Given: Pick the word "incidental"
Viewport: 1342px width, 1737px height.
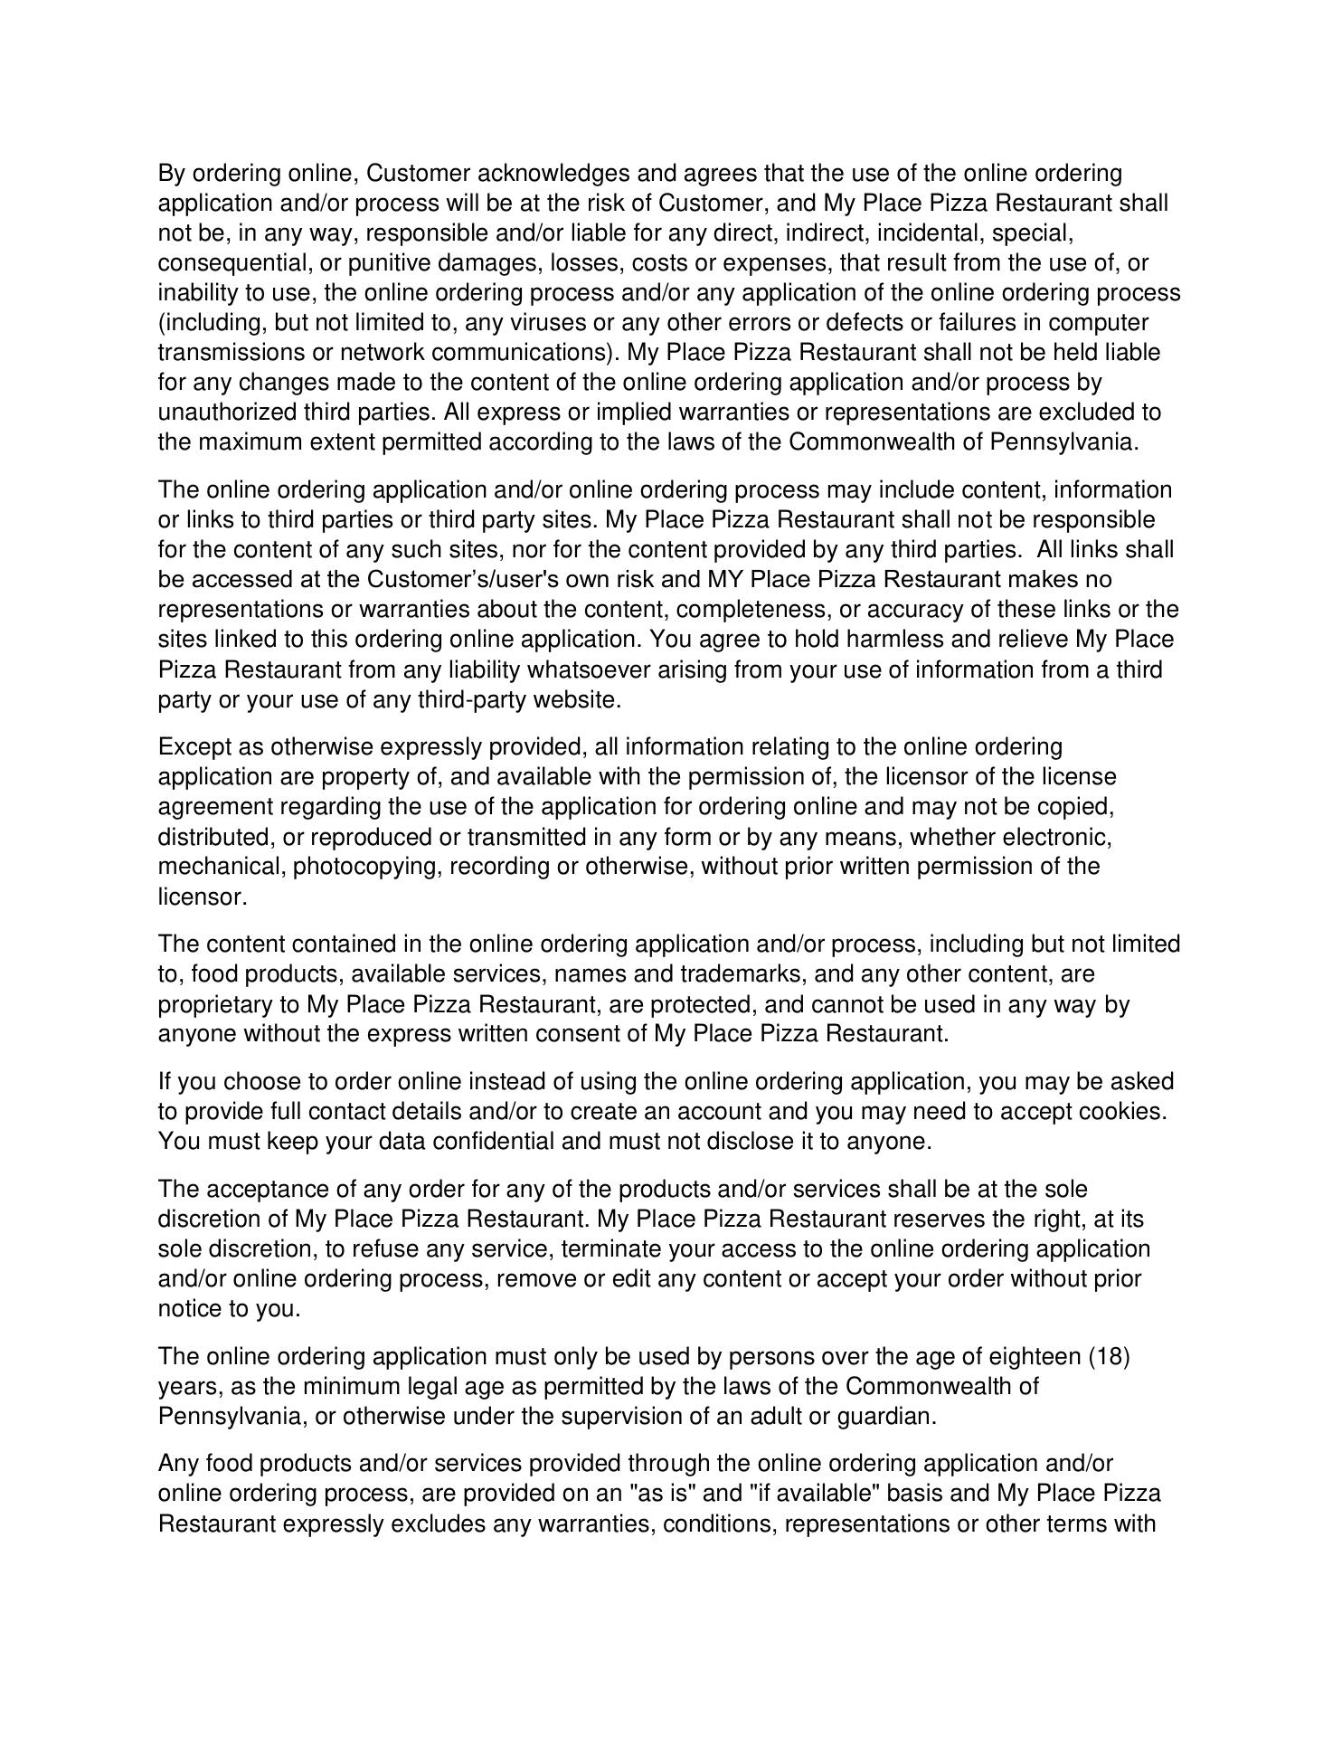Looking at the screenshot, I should tap(927, 233).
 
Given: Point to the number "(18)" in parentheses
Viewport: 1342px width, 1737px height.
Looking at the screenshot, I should tap(1110, 1357).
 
